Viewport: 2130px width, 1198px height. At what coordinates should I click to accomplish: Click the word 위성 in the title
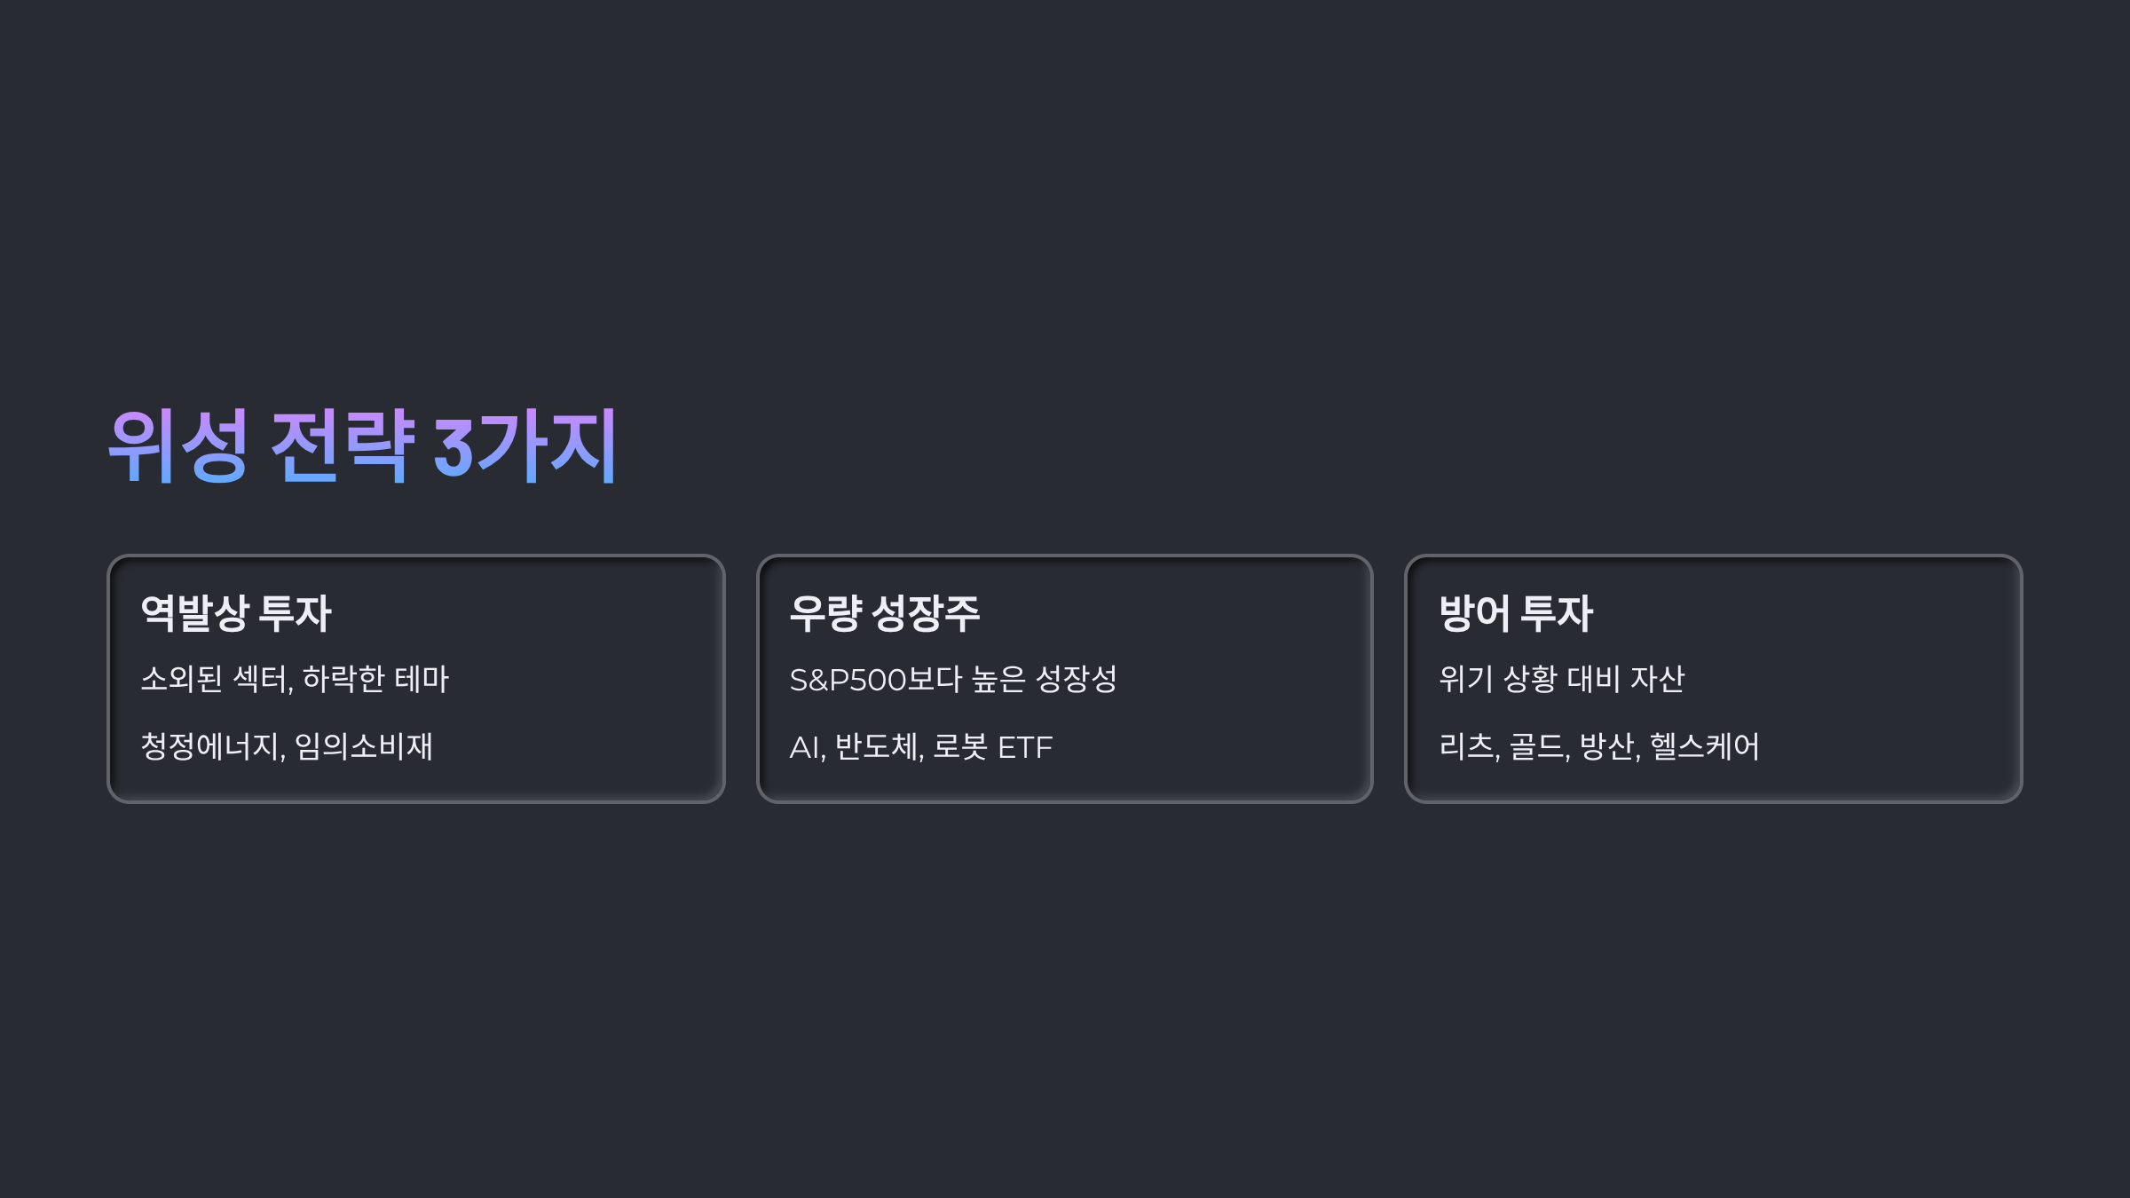[x=177, y=445]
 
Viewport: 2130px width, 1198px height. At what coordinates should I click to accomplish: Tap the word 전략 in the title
[x=343, y=445]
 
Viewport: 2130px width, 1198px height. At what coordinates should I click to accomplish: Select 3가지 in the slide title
[x=525, y=445]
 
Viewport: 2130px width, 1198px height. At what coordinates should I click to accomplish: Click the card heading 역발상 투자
[x=236, y=613]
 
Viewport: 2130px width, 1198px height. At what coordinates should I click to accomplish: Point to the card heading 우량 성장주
[x=885, y=613]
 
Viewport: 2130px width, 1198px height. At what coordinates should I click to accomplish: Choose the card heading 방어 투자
[x=1516, y=613]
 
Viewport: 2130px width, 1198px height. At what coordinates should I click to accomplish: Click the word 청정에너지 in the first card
[x=211, y=746]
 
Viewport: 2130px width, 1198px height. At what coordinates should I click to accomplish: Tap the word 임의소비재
[x=364, y=746]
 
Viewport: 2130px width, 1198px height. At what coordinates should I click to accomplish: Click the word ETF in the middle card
[x=1025, y=747]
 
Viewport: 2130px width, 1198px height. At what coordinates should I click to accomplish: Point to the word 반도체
[x=878, y=746]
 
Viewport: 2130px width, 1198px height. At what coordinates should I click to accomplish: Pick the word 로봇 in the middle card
[x=960, y=746]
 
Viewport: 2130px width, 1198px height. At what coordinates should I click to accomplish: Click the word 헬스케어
[x=1704, y=746]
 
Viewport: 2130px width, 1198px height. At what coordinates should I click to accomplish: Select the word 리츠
[x=1467, y=746]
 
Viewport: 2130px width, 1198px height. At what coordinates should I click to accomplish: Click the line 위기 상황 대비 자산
[x=1561, y=679]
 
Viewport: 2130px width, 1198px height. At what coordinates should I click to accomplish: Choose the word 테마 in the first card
[x=422, y=679]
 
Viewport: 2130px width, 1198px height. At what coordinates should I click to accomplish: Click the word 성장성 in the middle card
[x=1077, y=679]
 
